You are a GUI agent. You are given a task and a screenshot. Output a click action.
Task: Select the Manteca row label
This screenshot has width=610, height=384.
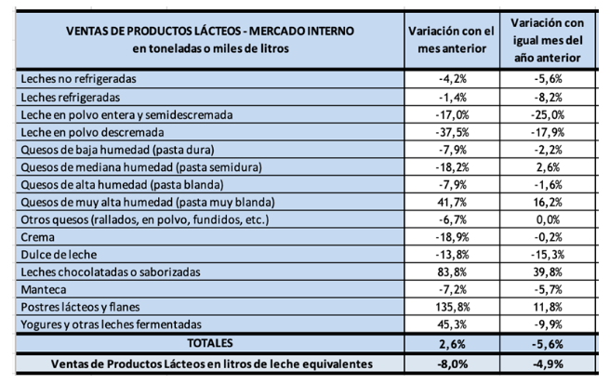click(45, 289)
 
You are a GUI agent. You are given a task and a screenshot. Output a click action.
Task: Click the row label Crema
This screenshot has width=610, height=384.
click(37, 236)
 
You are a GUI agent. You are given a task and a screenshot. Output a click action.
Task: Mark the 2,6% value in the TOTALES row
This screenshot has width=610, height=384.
click(456, 343)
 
